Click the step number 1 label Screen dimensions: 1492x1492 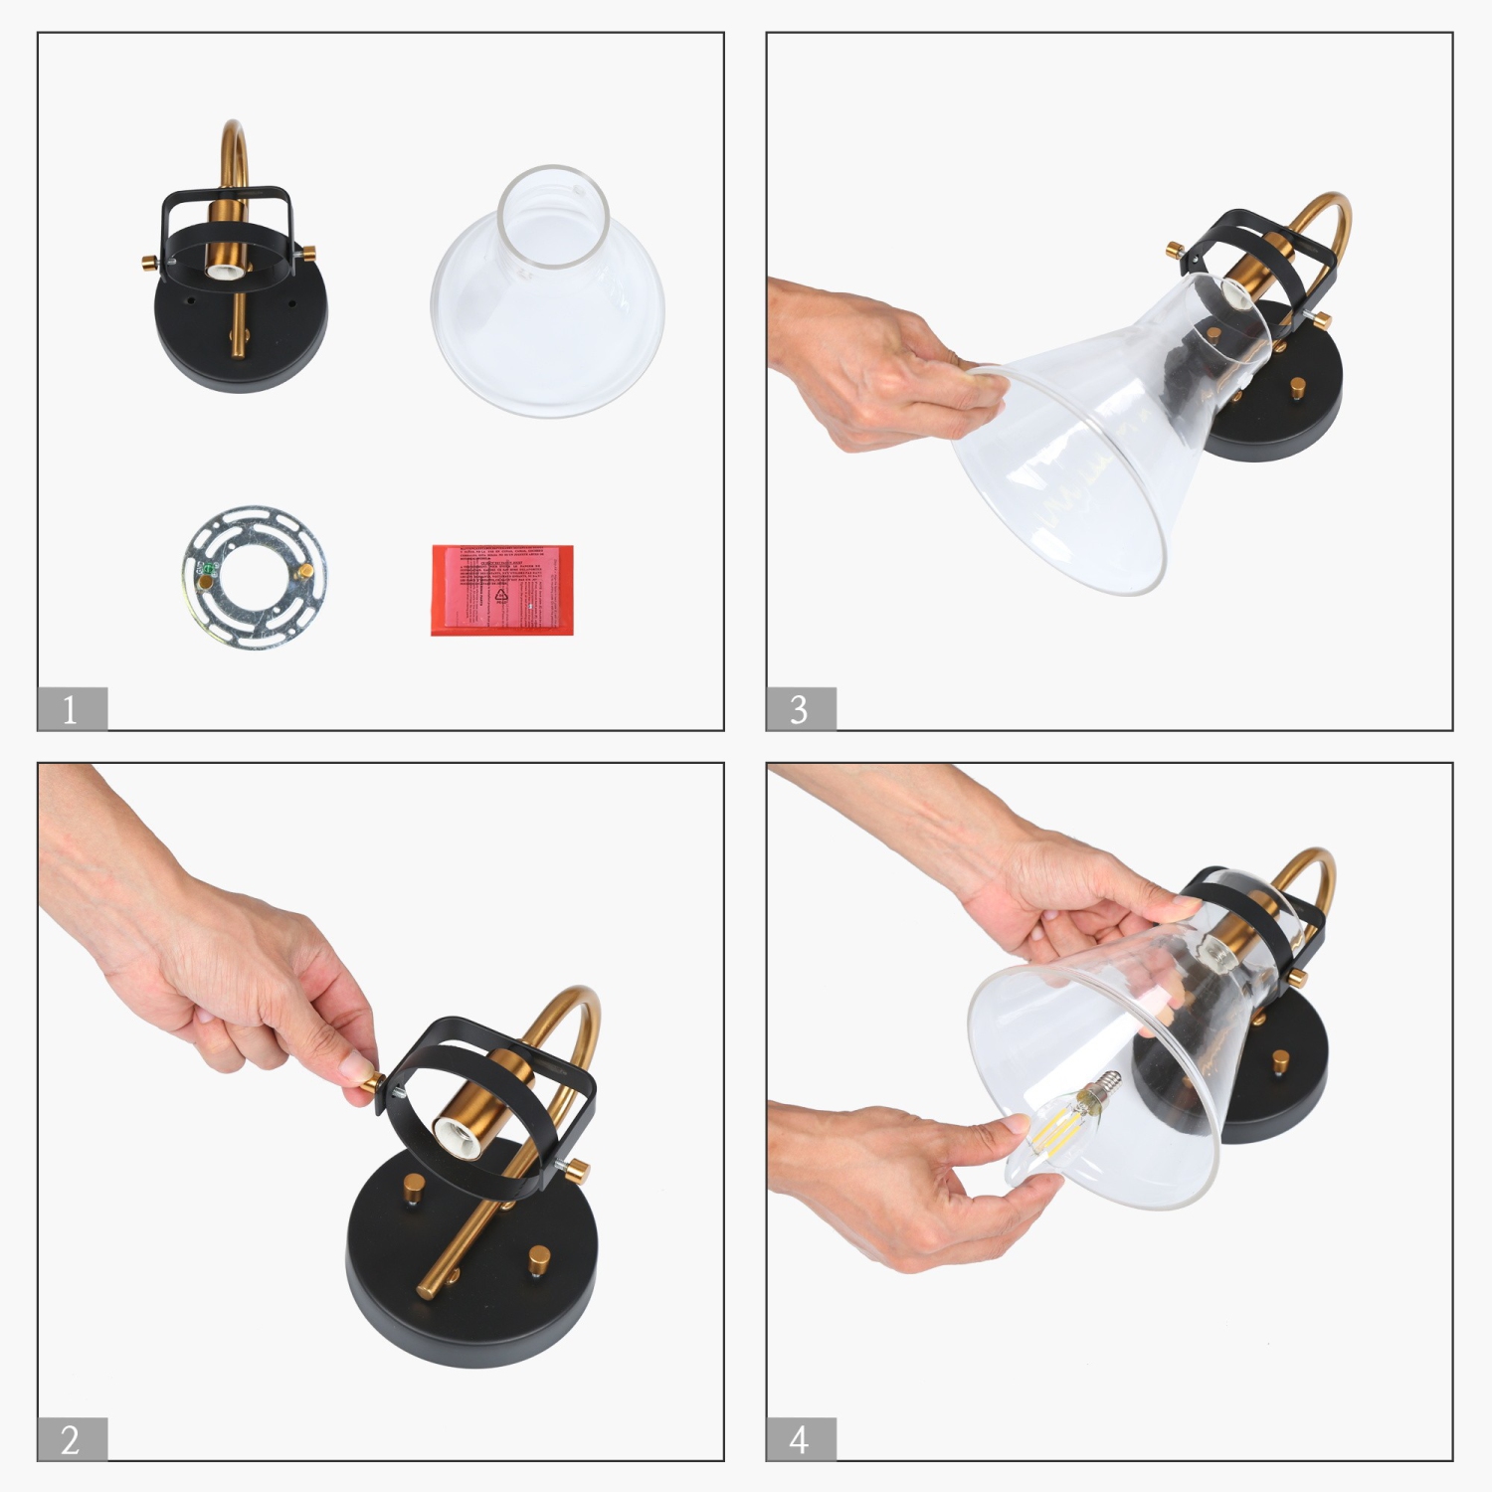[71, 709]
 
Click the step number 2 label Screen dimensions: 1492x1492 [71, 1439]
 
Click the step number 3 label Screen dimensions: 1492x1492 [800, 709]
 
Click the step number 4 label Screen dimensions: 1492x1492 [800, 1439]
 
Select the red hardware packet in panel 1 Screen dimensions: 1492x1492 [502, 589]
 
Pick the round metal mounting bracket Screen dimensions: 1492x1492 [255, 577]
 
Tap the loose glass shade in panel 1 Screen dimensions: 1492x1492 [547, 298]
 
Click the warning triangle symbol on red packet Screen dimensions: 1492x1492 [501, 595]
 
